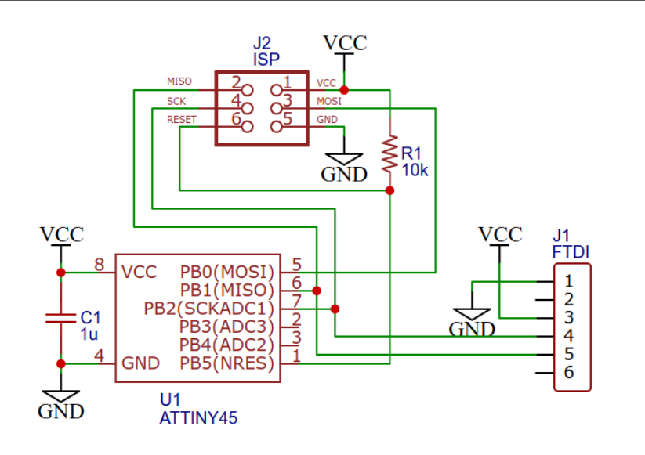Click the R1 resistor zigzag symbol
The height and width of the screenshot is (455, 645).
tap(390, 154)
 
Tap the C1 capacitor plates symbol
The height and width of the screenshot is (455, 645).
tap(61, 318)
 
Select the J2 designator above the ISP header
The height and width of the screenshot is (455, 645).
tap(262, 43)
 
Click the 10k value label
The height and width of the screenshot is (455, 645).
tap(415, 170)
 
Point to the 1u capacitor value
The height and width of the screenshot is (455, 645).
tap(89, 334)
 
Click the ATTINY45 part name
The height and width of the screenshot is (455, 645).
tap(199, 418)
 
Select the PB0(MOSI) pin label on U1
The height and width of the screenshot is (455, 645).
tap(227, 272)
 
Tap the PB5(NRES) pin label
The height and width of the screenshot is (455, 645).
tap(227, 363)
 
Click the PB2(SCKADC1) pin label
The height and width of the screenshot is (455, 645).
tap(209, 309)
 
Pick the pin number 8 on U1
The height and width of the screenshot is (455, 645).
tap(99, 265)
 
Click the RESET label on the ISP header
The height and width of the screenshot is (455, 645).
tap(182, 120)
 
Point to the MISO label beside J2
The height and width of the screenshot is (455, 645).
tap(179, 81)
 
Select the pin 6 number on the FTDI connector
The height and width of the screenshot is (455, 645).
tap(569, 373)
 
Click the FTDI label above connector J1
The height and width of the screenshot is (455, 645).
tap(571, 252)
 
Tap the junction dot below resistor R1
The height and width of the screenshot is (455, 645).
tap(390, 191)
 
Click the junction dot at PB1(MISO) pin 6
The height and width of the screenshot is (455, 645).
tap(317, 291)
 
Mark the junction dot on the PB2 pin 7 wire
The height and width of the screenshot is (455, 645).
tap(335, 309)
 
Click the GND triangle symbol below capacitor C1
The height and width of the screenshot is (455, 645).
tap(61, 396)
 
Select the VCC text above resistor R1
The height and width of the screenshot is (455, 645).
tap(345, 43)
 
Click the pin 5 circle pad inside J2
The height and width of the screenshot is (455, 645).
tap(277, 127)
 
